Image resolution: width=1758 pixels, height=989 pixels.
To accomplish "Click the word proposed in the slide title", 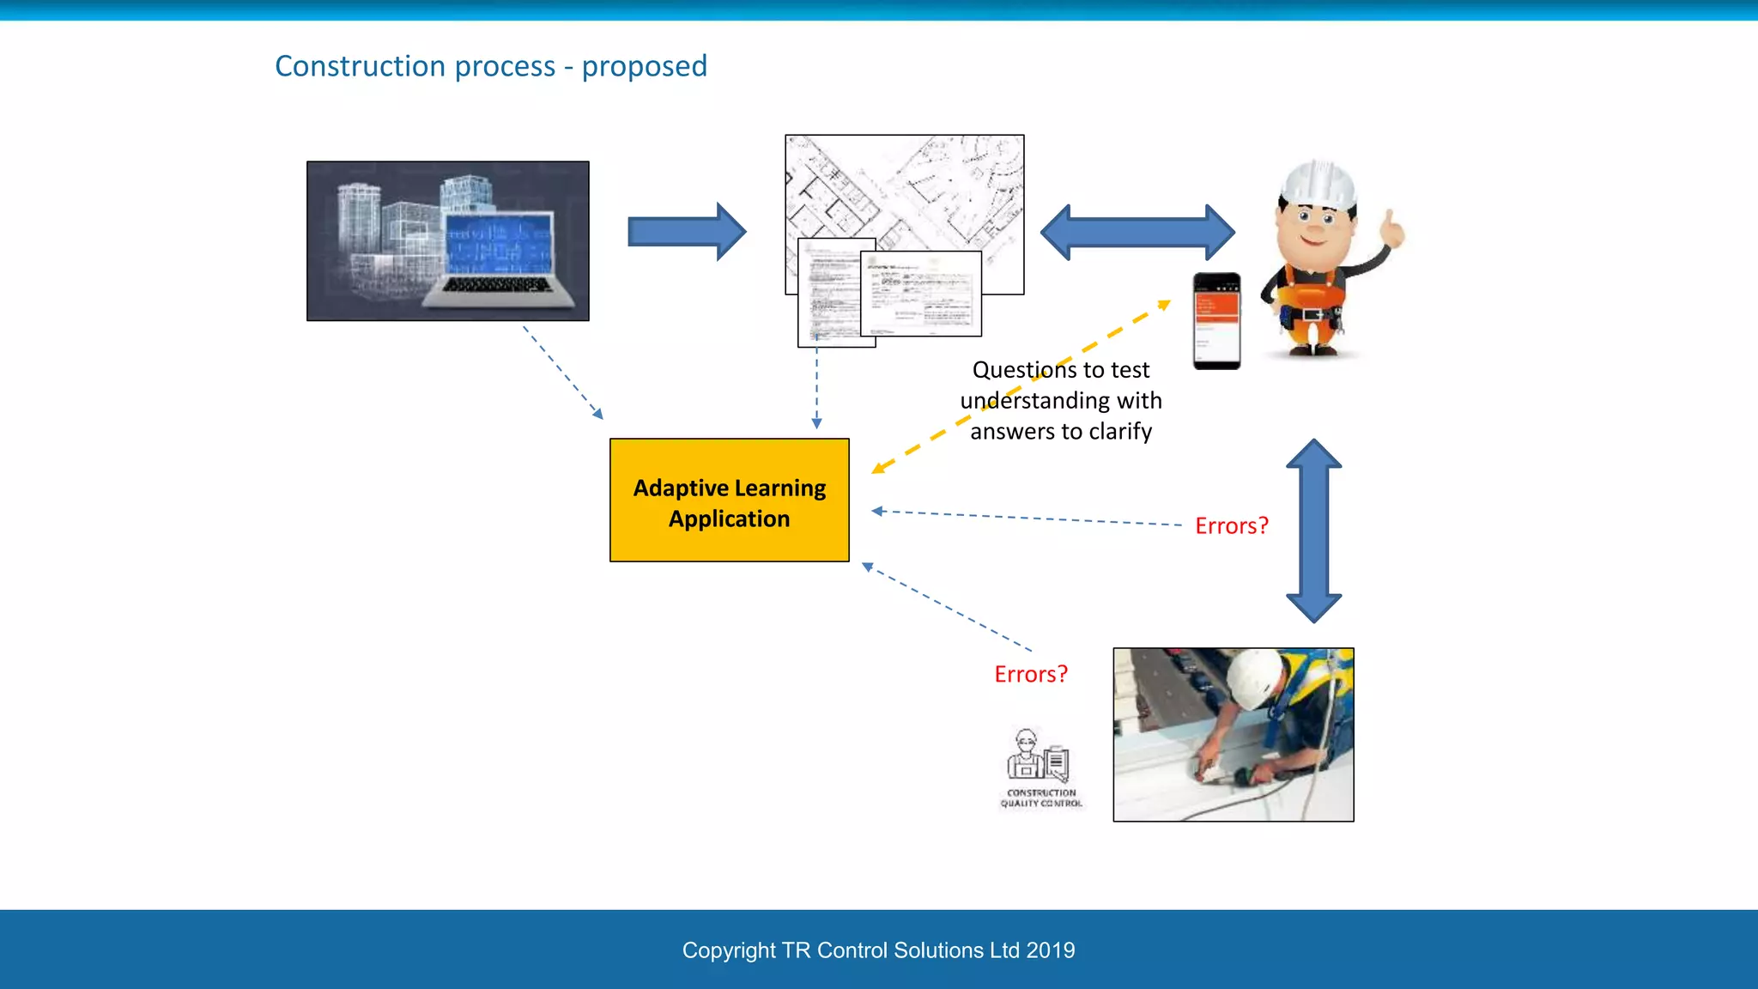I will [644, 66].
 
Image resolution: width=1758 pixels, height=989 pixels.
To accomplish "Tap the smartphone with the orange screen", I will [1216, 320].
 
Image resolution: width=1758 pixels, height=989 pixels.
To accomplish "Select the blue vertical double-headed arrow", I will [1313, 531].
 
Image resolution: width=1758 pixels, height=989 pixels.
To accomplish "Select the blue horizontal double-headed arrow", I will [1137, 232].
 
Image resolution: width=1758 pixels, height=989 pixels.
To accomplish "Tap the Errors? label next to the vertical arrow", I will [1231, 525].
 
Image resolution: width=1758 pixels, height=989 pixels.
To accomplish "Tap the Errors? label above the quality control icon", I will [1030, 674].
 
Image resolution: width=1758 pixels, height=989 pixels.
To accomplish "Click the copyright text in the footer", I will [878, 950].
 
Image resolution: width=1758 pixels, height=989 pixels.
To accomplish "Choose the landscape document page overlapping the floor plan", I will [921, 294].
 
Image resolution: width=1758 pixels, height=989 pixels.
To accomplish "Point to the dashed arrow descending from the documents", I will [816, 382].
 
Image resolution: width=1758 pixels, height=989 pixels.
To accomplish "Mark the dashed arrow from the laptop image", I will [562, 372].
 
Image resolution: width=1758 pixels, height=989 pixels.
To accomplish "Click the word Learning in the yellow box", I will [779, 488].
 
